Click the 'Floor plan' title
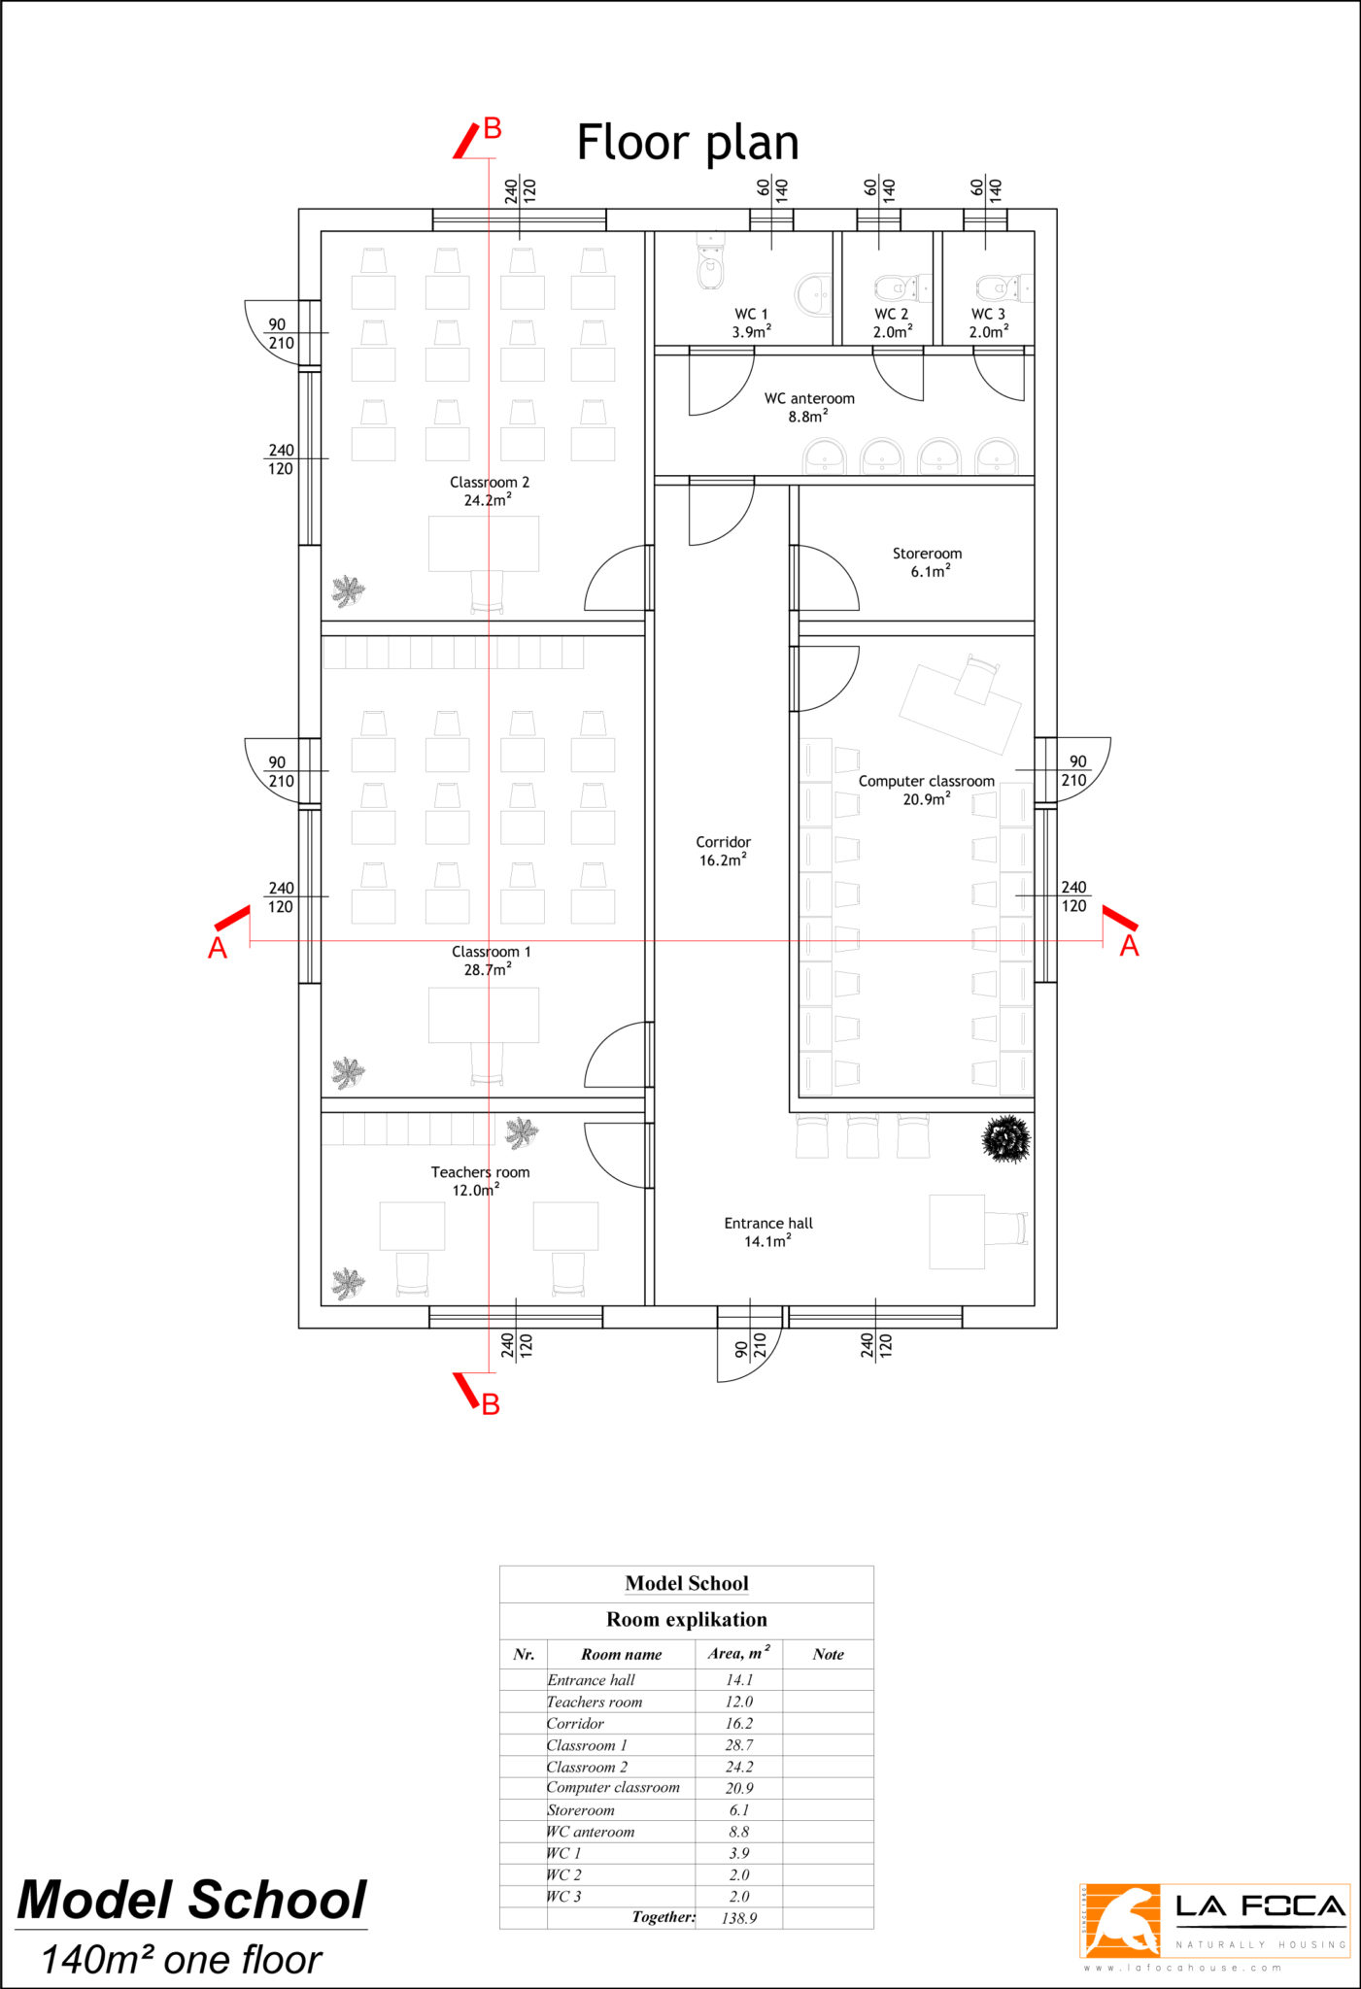688,144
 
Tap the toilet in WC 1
711,262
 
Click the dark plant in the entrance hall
1006,1138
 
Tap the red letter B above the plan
493,128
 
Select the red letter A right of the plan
1129,946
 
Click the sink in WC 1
815,294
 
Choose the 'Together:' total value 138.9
739,1918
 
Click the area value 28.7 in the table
739,1745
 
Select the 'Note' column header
829,1654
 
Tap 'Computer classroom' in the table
613,1787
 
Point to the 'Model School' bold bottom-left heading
192,1901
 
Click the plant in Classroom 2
348,590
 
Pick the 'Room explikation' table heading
687,1619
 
